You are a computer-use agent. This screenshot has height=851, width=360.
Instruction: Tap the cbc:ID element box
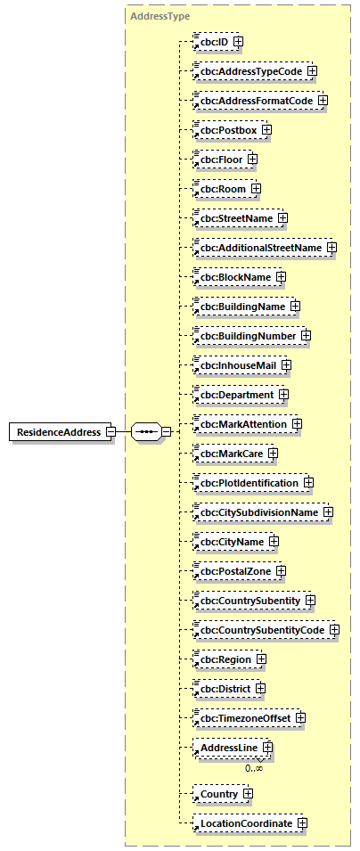(212, 41)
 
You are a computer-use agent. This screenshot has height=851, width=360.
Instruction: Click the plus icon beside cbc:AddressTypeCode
(312, 70)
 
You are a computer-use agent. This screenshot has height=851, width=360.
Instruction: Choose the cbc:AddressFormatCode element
(255, 101)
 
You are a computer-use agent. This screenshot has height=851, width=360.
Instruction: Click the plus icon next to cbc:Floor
(252, 160)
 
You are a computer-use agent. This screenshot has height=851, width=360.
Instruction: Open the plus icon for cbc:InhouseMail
(286, 364)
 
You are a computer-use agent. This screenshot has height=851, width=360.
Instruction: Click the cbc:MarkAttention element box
(243, 424)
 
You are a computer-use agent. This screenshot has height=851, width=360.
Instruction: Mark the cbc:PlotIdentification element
(248, 482)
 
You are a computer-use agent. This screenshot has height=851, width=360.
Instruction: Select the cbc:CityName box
(231, 541)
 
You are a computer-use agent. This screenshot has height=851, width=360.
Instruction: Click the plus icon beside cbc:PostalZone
(281, 570)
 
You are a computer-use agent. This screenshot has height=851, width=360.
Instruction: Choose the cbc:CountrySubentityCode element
(261, 629)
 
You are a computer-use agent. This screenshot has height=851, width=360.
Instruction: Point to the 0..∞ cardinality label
(254, 766)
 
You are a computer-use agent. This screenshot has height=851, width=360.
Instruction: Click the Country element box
(218, 793)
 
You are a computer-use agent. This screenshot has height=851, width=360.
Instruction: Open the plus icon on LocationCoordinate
(302, 822)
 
